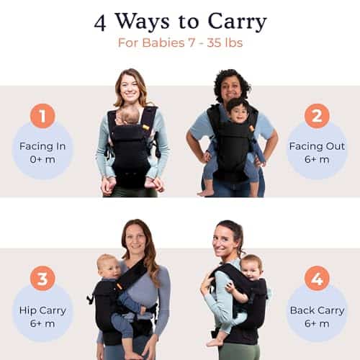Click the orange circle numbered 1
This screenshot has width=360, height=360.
point(42,116)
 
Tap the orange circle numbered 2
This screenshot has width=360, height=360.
point(317,116)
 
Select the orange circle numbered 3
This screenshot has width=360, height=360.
point(42,279)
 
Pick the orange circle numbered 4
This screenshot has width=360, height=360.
point(317,279)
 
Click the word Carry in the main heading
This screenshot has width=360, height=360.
point(237,22)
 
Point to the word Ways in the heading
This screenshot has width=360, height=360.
point(143,22)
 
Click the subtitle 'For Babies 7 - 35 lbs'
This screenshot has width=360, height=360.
point(180,42)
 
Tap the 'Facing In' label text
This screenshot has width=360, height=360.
point(42,146)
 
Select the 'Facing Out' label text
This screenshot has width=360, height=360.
point(317,146)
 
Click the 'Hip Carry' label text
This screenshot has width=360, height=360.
point(42,310)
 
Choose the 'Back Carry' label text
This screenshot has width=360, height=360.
point(317,310)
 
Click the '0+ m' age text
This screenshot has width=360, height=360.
point(42,159)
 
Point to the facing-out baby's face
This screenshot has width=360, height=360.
point(236,114)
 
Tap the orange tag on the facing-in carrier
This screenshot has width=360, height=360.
point(145,127)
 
